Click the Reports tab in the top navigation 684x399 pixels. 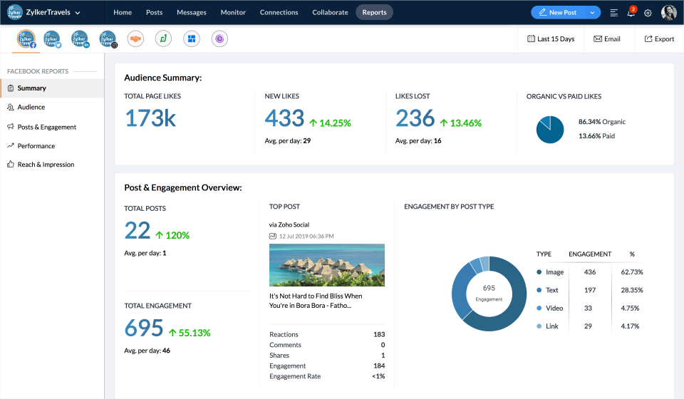(x=374, y=12)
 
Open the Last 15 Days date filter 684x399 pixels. (x=551, y=39)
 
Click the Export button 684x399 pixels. (x=659, y=39)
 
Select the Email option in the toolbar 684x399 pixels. (x=607, y=39)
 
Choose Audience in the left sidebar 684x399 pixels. (x=31, y=107)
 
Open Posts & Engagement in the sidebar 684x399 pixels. (x=46, y=127)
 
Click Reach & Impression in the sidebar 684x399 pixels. (x=46, y=165)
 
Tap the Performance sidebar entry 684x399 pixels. (x=36, y=146)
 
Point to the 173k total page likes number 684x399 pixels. (x=150, y=118)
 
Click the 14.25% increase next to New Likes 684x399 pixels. (x=330, y=123)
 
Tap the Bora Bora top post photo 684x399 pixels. (x=326, y=264)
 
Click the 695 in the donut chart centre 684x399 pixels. (x=489, y=289)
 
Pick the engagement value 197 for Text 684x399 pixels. (x=589, y=290)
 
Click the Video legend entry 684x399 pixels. (x=554, y=309)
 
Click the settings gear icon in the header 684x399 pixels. (x=648, y=13)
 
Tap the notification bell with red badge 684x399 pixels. (x=631, y=13)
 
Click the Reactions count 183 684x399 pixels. (x=378, y=334)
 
